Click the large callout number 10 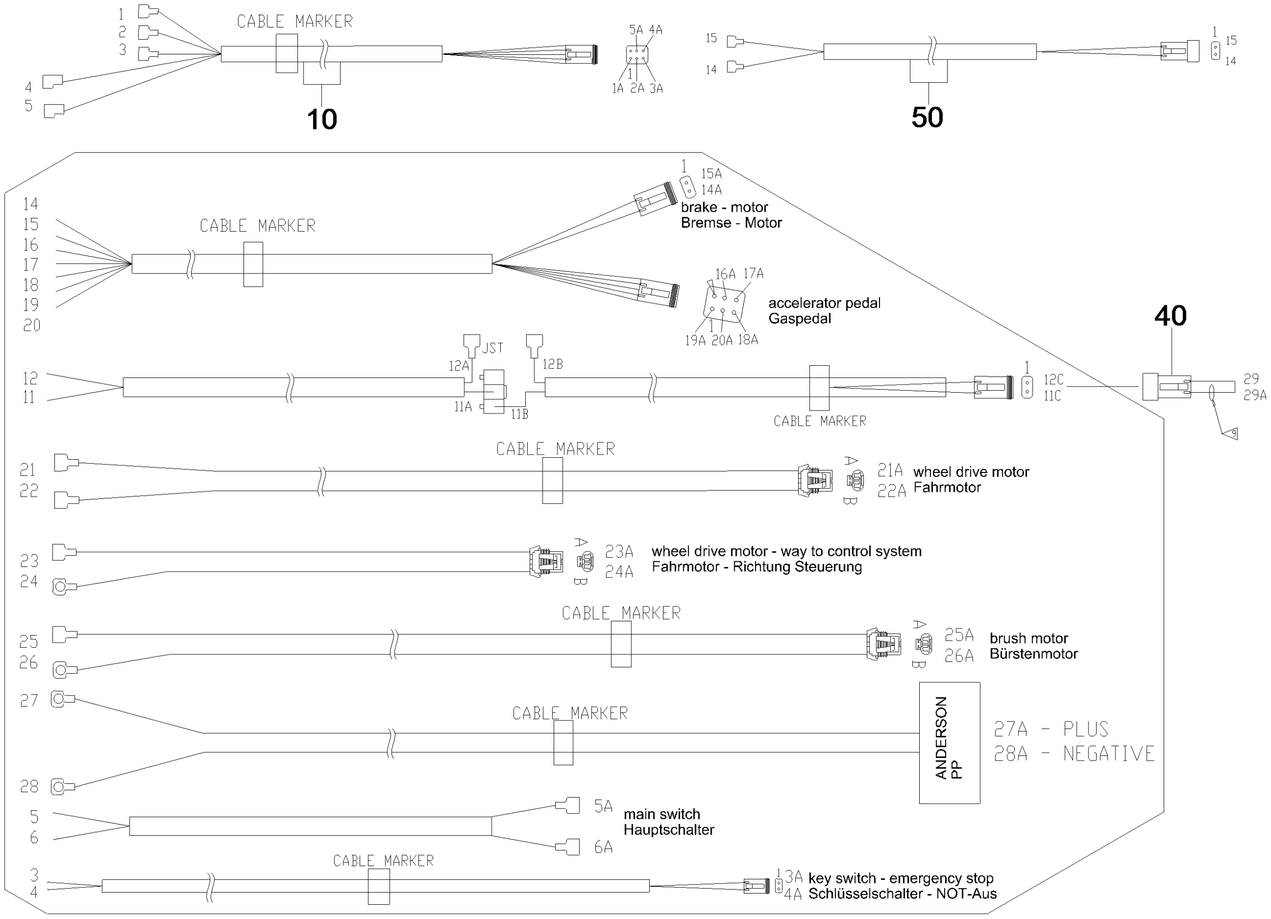coord(322,119)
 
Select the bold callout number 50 coord(927,117)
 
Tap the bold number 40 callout coord(1171,316)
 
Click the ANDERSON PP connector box coord(949,743)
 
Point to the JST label coord(493,348)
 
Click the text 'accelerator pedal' coord(824,303)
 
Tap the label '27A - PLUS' coord(1051,729)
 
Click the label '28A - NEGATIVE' coord(1074,754)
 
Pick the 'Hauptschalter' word coord(669,830)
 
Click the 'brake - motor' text coord(724,207)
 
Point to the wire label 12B coord(552,364)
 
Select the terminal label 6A coord(603,847)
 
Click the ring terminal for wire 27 coord(62,699)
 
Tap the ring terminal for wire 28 coord(62,787)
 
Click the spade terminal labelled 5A coord(567,805)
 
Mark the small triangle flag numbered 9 coord(1231,433)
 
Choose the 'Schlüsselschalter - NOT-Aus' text coord(902,894)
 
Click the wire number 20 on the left coord(32,325)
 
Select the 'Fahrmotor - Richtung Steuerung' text coord(756,567)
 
